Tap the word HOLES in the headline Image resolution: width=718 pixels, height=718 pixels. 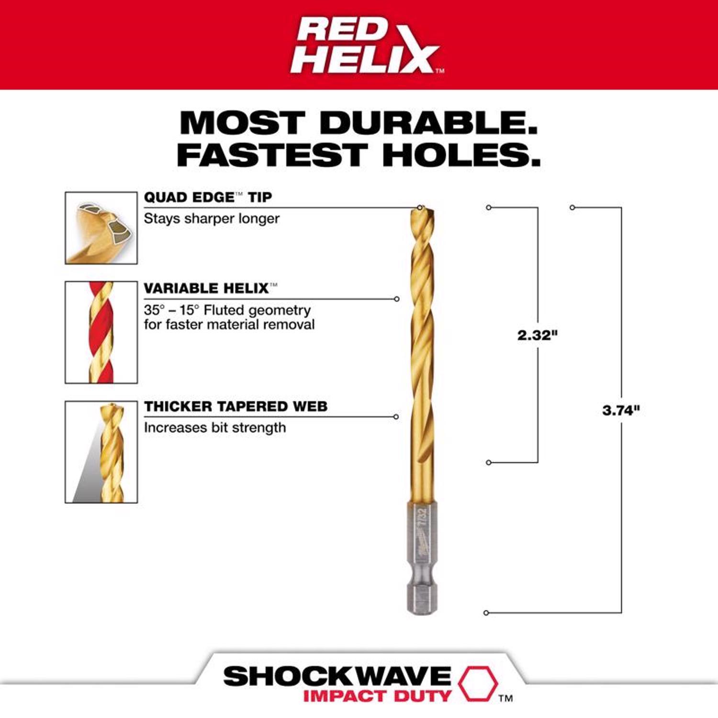pos(461,155)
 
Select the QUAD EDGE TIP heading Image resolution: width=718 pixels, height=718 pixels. pos(208,197)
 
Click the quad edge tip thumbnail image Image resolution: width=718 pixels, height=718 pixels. pos(101,228)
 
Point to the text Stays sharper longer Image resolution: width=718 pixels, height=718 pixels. pos(212,219)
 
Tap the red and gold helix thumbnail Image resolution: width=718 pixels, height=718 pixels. pos(101,332)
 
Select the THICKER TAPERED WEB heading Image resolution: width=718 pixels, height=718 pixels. pos(236,406)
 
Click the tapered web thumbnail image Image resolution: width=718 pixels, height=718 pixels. pos(101,452)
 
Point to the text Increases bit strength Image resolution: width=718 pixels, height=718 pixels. pos(214,427)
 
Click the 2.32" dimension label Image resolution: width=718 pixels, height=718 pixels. pos(538,335)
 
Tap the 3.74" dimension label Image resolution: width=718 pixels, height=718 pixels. pos(621,410)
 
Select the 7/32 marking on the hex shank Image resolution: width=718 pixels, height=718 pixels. pos(422,517)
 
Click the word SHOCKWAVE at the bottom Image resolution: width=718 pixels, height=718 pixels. pos(337,676)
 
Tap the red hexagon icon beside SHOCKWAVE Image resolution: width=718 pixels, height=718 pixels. pos(478,683)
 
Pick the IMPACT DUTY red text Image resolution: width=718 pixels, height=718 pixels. pos(377,696)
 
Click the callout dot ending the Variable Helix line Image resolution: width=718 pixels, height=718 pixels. pos(396,299)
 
